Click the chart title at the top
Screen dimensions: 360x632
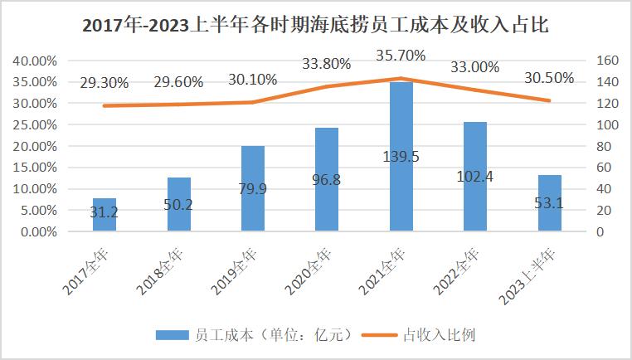(316, 25)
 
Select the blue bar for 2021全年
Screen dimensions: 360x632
(401, 191)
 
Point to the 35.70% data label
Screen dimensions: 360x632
(400, 56)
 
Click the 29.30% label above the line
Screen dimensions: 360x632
(104, 83)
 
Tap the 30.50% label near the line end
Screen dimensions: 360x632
(549, 77)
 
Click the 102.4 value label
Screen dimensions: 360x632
(475, 177)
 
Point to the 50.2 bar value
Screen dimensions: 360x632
(178, 204)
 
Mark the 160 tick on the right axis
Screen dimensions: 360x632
(608, 61)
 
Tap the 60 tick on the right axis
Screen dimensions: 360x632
(605, 168)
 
